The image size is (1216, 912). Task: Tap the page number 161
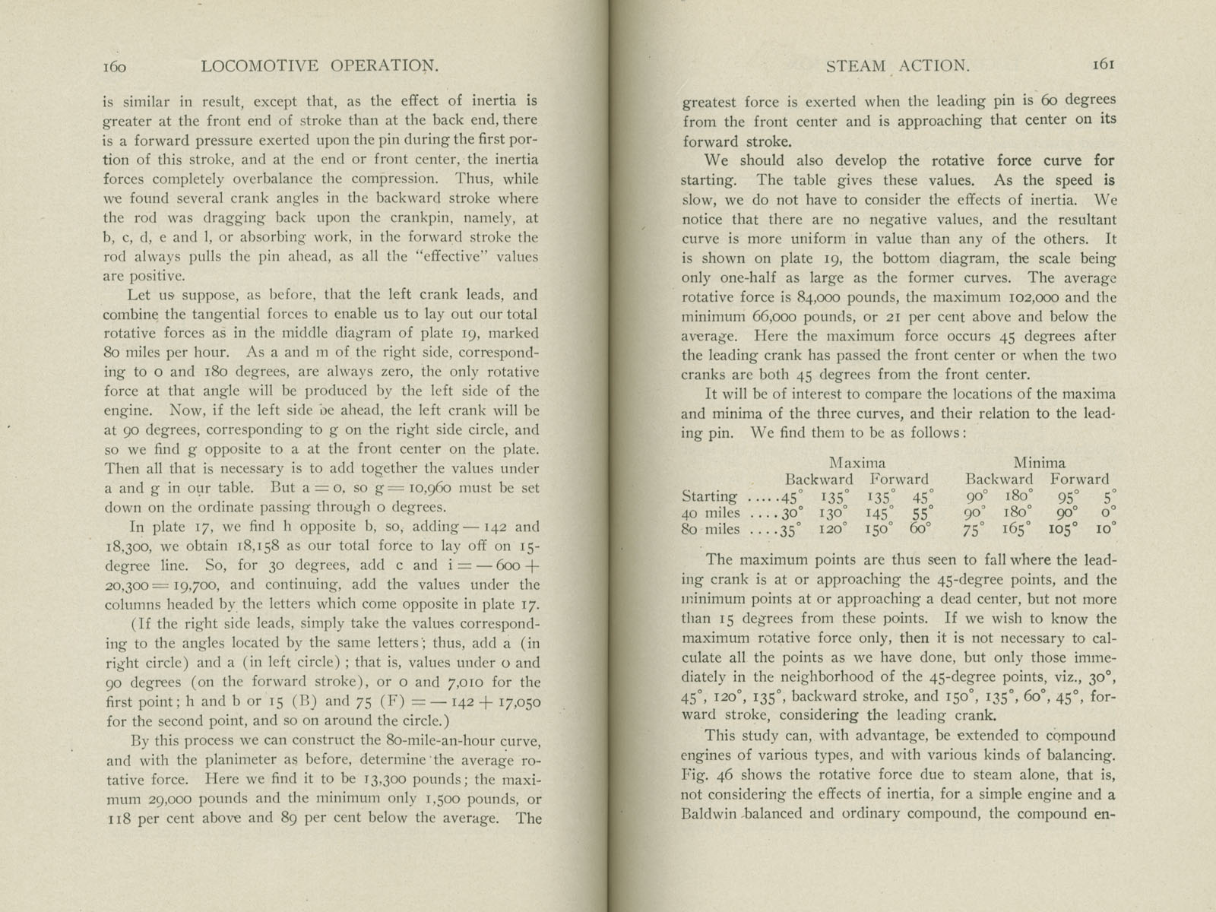point(1104,65)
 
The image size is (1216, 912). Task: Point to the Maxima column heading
point(857,462)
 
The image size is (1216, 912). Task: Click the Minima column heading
point(1039,462)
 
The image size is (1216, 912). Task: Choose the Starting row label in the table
point(709,497)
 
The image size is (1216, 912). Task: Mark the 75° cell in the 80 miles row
point(979,530)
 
